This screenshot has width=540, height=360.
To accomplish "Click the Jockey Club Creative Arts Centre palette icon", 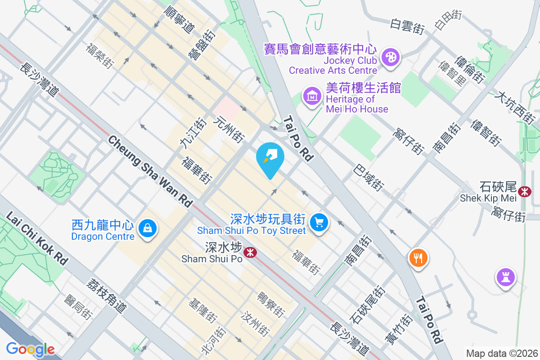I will click(390, 58).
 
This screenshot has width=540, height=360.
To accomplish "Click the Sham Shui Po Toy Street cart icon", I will click(319, 222).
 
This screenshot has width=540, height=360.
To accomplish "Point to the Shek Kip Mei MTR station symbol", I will click(524, 192).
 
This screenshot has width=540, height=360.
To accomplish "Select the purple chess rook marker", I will click(506, 277).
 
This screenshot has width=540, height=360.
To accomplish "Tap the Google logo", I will click(30, 349).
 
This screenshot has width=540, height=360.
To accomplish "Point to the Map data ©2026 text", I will click(501, 353).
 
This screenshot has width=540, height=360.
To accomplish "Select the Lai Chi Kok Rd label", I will click(37, 238).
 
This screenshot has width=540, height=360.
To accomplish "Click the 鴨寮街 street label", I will click(270, 305).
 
